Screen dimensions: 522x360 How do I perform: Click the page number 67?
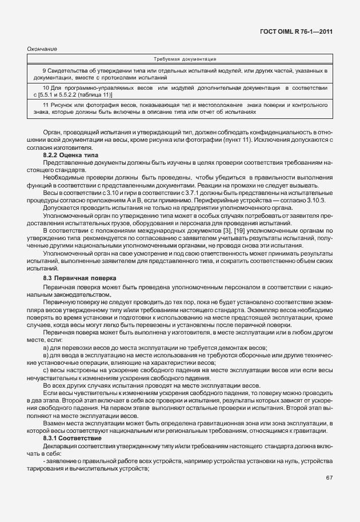pos(329,478)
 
